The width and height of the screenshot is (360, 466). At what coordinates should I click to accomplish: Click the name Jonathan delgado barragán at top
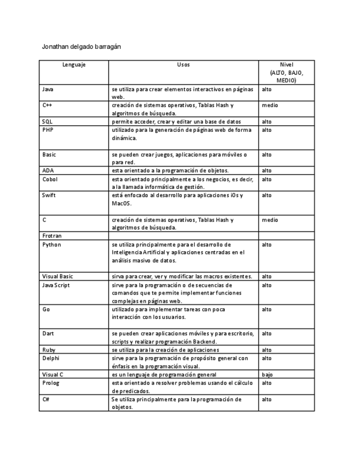[x=81, y=47]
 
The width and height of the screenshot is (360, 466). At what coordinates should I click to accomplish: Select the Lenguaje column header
[x=74, y=65]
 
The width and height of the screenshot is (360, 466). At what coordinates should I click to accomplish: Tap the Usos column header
[x=183, y=65]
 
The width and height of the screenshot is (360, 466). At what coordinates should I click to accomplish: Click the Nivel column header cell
[x=286, y=72]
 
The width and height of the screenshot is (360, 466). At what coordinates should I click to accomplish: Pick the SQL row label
[x=47, y=121]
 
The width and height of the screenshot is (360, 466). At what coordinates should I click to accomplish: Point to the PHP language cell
[x=48, y=130]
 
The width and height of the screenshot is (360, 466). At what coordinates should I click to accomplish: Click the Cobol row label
[x=49, y=179]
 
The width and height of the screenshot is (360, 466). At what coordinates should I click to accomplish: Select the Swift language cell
[x=49, y=195]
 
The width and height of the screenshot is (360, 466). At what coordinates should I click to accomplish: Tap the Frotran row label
[x=52, y=236]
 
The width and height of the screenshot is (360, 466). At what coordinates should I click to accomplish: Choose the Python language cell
[x=51, y=245]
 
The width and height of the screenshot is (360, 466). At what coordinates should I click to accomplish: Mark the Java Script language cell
[x=56, y=285]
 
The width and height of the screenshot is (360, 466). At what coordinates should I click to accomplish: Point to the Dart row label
[x=48, y=334]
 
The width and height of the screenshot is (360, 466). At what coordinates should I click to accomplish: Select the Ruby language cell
[x=48, y=350]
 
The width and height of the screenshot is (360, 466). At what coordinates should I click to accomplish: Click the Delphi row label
[x=51, y=358]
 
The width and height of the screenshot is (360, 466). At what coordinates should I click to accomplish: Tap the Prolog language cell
[x=50, y=382]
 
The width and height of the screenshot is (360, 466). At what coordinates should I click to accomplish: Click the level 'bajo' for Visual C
[x=267, y=374]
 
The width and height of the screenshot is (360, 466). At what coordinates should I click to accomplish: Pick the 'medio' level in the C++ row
[x=269, y=105]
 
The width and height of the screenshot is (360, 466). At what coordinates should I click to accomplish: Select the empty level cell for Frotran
[x=286, y=236]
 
